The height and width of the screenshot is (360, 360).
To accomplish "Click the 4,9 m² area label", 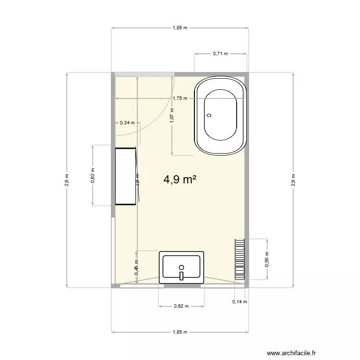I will tap(180, 180).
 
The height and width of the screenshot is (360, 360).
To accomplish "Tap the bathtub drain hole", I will tap(209, 115).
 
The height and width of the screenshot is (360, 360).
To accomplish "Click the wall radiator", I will tap(240, 259).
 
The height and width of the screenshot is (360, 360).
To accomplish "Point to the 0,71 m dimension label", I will tap(220, 54).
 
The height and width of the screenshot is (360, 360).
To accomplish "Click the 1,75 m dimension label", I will tap(180, 98).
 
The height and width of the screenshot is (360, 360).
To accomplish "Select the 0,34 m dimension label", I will tap(127, 123).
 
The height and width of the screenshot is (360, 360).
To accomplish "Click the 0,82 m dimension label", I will tap(93, 176).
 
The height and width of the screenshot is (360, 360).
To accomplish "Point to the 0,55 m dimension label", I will tap(267, 259).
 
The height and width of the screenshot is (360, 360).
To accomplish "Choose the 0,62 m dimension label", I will tap(181, 306).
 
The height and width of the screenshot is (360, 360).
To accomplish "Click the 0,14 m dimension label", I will tap(239, 302).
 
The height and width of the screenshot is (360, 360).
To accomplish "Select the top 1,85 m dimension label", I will tap(180, 28).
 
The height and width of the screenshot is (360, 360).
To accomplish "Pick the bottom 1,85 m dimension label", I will tap(180, 332).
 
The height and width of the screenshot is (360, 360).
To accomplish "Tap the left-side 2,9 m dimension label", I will tap(67, 180).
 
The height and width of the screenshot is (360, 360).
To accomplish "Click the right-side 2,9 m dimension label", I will tap(293, 180).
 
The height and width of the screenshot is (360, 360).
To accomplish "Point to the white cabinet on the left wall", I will tap(126, 176).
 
